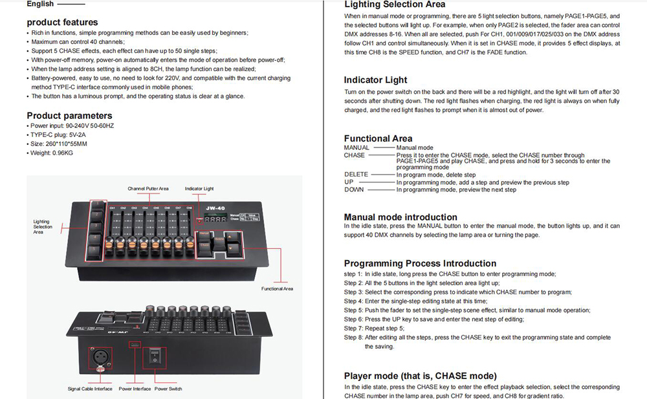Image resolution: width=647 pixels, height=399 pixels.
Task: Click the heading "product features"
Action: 62,22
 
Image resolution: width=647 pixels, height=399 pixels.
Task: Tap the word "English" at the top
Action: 40,4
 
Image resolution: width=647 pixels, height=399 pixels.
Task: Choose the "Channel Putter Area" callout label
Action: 148,189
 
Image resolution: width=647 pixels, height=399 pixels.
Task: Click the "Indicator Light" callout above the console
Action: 199,189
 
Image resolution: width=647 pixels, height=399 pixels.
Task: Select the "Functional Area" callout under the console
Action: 277,288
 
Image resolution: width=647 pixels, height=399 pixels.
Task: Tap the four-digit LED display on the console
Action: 219,219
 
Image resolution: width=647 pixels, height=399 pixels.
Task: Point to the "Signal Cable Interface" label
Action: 90,389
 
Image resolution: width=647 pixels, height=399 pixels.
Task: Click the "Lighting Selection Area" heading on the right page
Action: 394,5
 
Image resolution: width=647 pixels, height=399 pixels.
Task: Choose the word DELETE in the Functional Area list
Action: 356,175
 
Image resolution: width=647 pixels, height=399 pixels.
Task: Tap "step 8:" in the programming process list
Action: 353,338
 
